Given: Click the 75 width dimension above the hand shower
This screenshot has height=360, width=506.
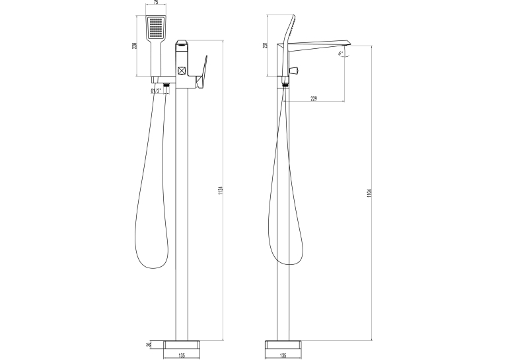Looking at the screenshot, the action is pos(156,3).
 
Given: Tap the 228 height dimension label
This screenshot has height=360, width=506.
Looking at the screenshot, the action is pos(135,46).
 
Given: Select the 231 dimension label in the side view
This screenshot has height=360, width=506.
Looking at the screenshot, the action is pos(266,46).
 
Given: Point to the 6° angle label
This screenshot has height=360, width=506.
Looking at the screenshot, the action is pos(340,54).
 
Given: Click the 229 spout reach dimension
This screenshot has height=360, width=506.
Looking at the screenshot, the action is pos(314,98).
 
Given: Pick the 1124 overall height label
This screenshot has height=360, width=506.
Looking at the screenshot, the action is pos(221,191).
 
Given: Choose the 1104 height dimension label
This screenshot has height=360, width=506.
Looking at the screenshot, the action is pos(369,194).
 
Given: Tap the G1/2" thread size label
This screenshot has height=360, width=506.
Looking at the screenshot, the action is pos(156,91).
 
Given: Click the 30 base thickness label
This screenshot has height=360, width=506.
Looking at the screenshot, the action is pos(149,345).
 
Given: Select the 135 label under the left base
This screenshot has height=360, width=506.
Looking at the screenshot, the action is pos(182,356).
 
